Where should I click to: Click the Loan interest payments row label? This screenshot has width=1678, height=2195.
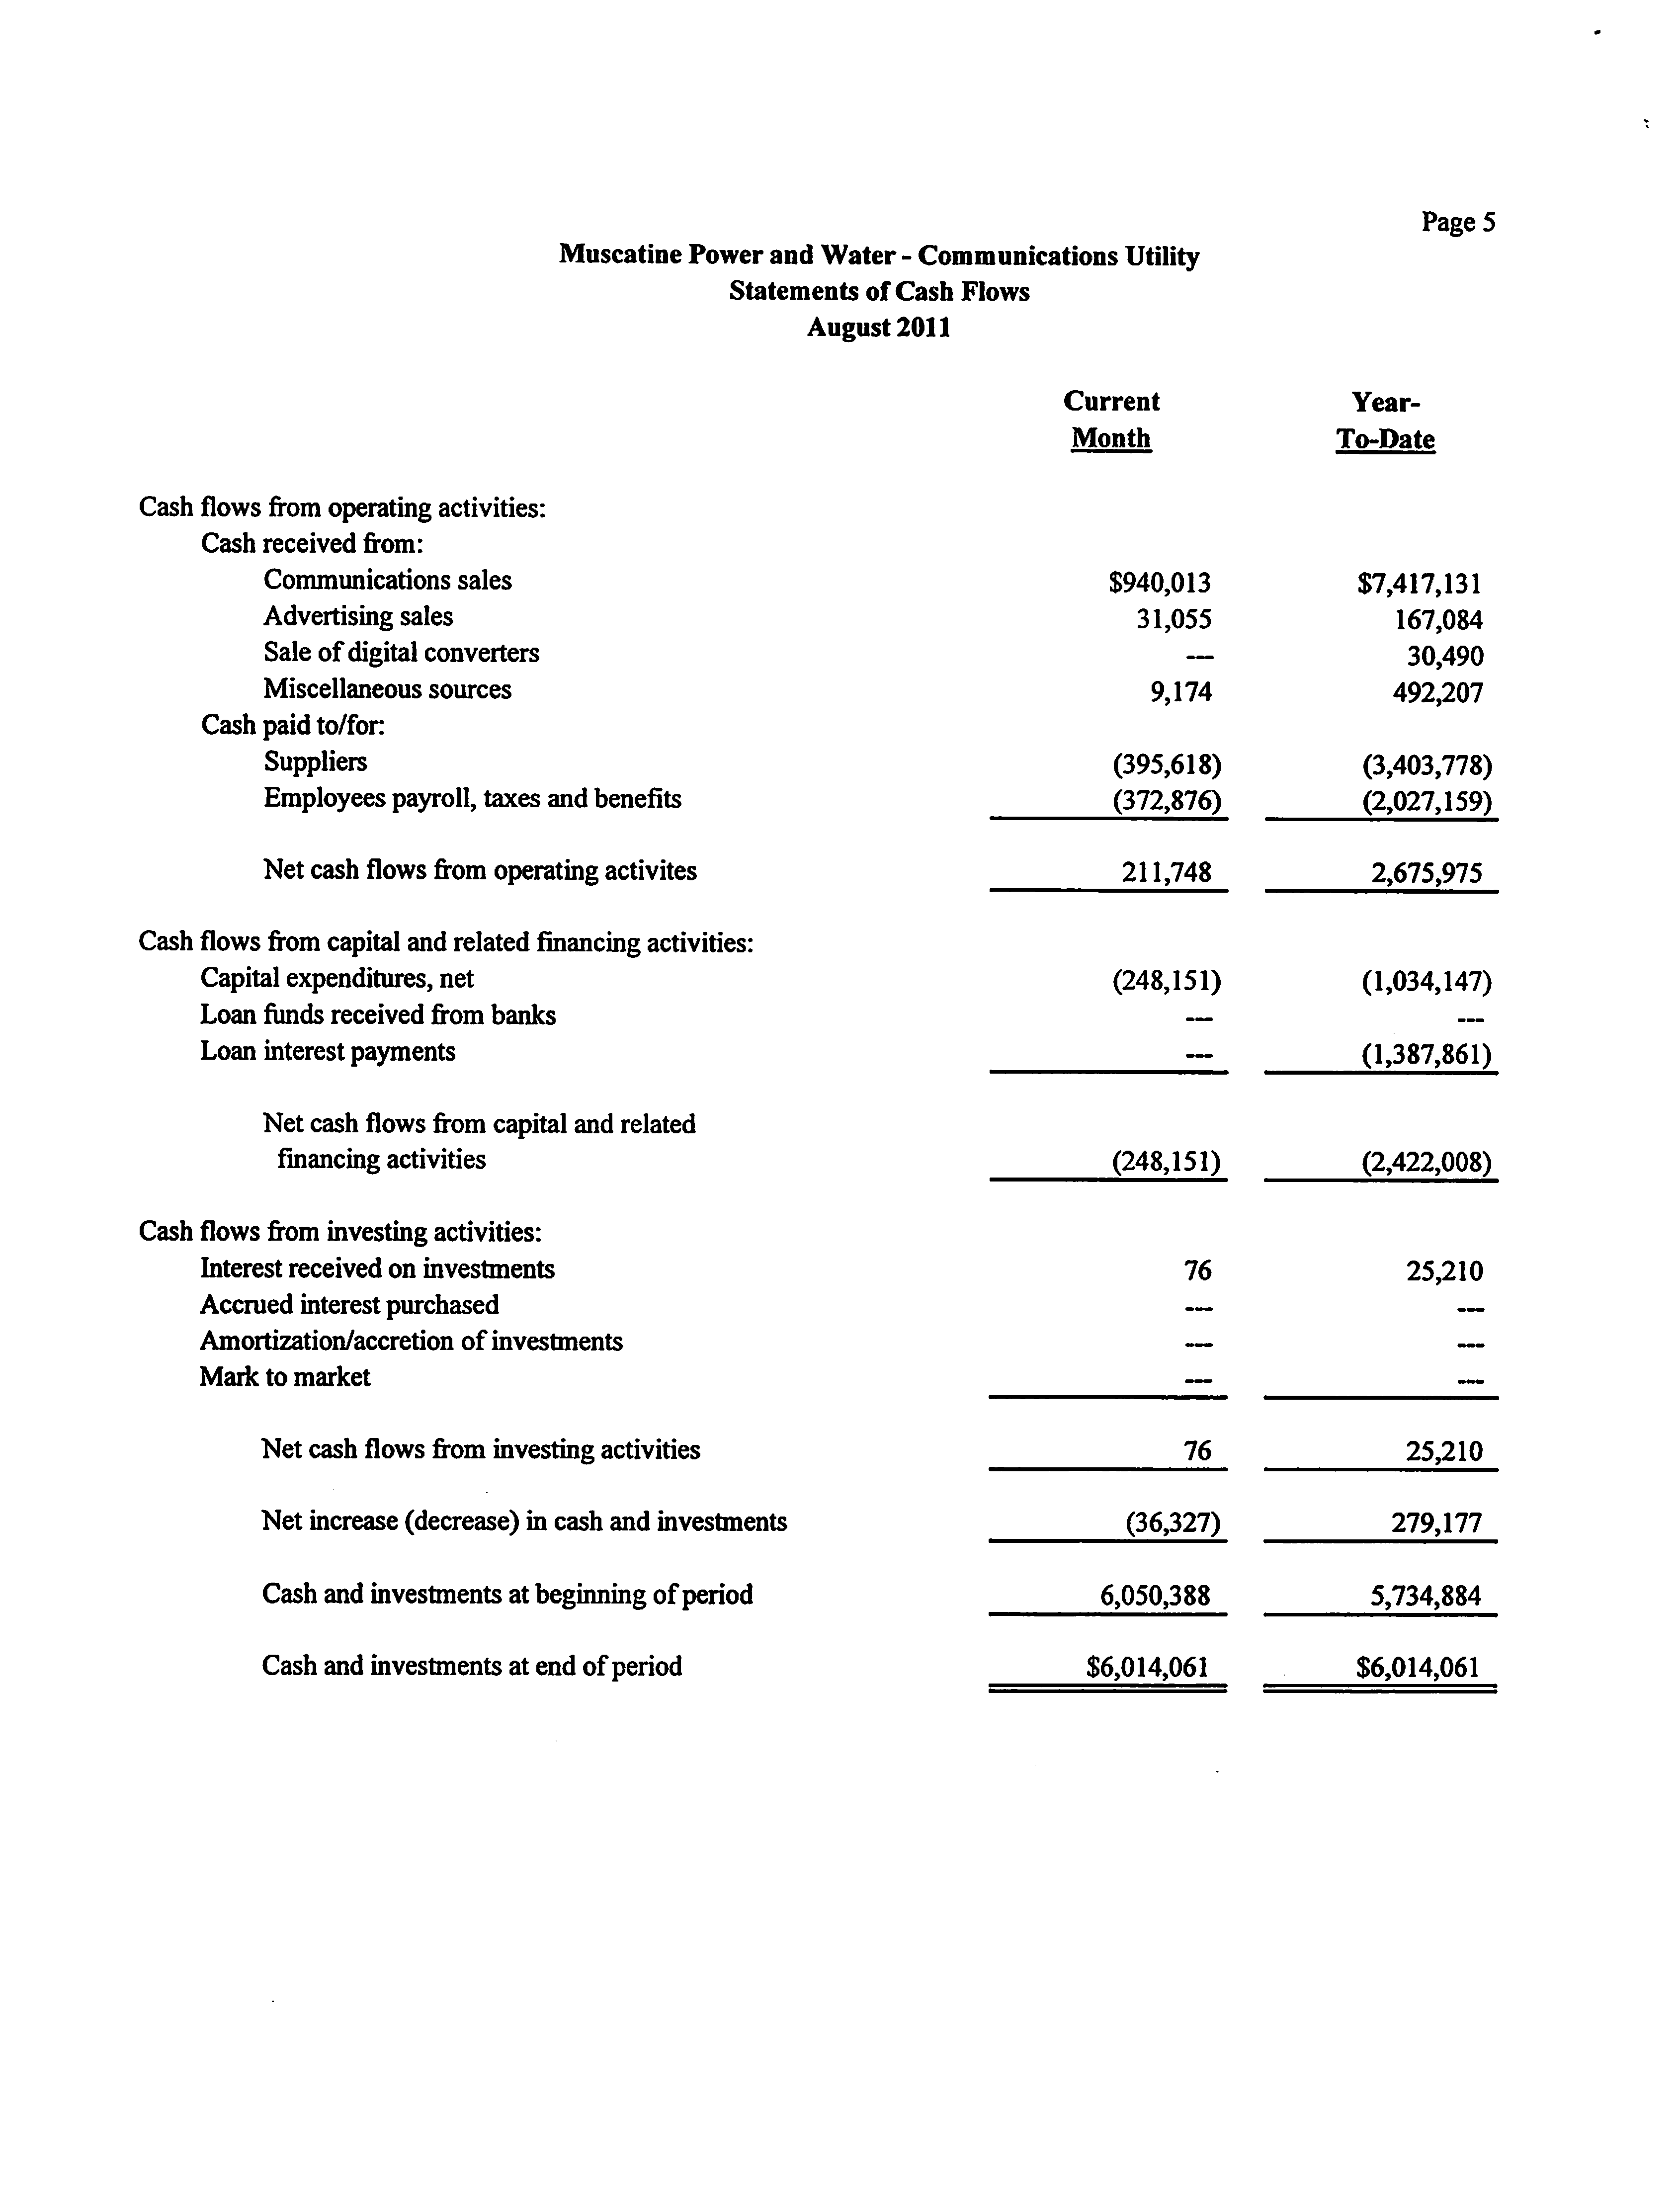328,1052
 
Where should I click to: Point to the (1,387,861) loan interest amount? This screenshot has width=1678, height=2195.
1426,1055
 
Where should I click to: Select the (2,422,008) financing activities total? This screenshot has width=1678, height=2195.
1426,1163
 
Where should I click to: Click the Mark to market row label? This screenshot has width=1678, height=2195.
285,1377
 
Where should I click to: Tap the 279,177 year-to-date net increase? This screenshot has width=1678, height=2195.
1436,1523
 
